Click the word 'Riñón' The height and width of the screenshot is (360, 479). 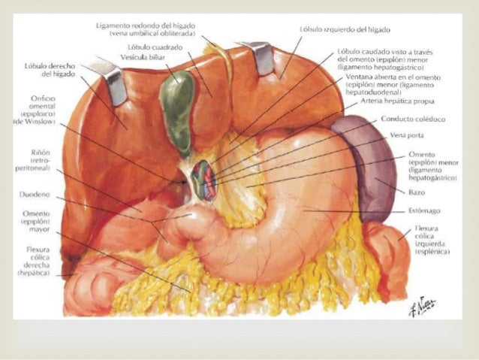(x=41, y=153)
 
